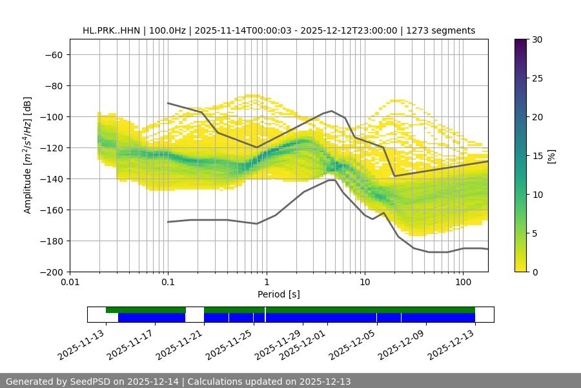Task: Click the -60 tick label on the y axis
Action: (53, 54)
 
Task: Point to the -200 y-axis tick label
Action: (50, 272)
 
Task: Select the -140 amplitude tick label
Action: (50, 178)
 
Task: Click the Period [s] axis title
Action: (279, 294)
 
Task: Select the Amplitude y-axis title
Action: (28, 155)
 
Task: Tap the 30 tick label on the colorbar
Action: (536, 39)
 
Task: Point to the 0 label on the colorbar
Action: (534, 272)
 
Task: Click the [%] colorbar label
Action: (551, 156)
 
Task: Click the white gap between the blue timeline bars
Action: (194, 317)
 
